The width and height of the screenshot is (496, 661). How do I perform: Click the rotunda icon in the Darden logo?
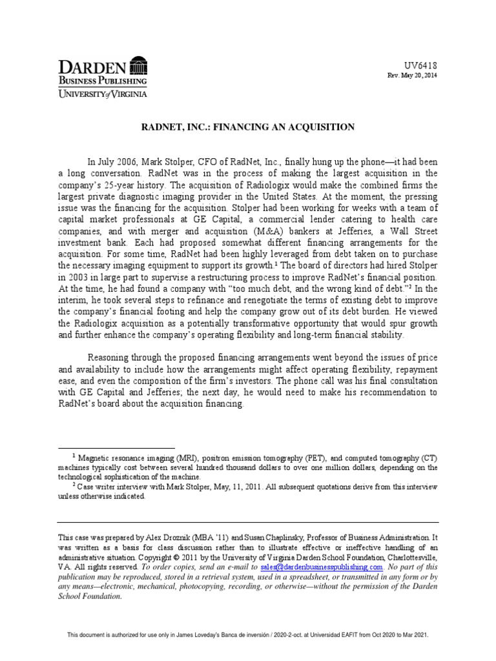click(x=138, y=66)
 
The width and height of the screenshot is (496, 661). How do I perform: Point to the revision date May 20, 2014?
click(x=420, y=76)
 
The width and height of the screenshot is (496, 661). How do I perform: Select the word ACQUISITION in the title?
click(x=324, y=127)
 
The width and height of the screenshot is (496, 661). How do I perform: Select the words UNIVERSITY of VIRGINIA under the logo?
click(x=103, y=94)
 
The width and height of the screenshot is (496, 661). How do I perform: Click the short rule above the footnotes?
click(x=116, y=447)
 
